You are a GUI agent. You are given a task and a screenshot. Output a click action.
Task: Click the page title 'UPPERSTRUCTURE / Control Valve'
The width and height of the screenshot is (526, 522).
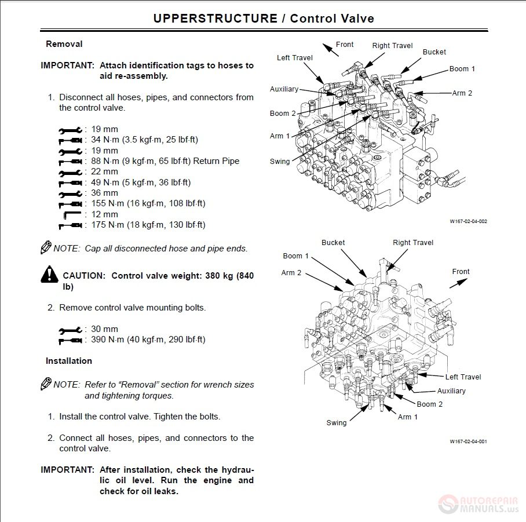pyautogui.click(x=263, y=19)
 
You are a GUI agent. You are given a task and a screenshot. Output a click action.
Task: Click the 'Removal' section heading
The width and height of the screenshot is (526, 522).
pyautogui.click(x=64, y=44)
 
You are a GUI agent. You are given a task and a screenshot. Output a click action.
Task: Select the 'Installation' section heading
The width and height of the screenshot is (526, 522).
pyautogui.click(x=69, y=361)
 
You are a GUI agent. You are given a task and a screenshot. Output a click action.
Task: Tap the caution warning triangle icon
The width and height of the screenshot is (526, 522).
pyautogui.click(x=49, y=275)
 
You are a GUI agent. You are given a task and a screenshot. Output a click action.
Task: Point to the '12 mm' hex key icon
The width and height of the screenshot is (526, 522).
pyautogui.click(x=71, y=215)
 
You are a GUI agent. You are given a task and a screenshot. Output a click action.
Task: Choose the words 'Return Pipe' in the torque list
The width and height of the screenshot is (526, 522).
pyautogui.click(x=217, y=161)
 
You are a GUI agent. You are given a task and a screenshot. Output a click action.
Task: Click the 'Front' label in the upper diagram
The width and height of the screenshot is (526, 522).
pyautogui.click(x=345, y=45)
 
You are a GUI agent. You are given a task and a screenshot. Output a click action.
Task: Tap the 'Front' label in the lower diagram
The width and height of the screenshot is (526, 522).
pyautogui.click(x=461, y=272)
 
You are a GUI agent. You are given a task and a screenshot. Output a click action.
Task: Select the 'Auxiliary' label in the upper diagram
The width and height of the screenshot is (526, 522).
pyautogui.click(x=284, y=89)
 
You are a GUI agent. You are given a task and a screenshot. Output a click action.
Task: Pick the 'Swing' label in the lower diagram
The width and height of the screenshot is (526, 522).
pyautogui.click(x=337, y=423)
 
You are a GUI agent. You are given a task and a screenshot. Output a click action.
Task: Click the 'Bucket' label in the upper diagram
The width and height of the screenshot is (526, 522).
pyautogui.click(x=434, y=52)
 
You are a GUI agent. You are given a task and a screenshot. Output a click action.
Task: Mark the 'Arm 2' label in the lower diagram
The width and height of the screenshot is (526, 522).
pyautogui.click(x=291, y=273)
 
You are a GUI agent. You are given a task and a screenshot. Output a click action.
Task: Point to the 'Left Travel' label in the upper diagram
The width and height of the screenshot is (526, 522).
pyautogui.click(x=295, y=58)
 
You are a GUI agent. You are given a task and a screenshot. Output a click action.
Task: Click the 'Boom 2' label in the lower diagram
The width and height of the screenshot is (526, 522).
pyautogui.click(x=430, y=404)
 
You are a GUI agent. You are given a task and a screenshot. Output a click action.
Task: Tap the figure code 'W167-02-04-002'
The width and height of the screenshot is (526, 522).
pyautogui.click(x=468, y=221)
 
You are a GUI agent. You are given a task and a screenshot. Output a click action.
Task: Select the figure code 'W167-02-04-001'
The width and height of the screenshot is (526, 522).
pyautogui.click(x=468, y=441)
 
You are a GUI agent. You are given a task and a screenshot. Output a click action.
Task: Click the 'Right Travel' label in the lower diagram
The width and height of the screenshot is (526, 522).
pyautogui.click(x=413, y=243)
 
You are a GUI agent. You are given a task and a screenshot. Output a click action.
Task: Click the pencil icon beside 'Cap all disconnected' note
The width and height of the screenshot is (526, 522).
pyautogui.click(x=46, y=247)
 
